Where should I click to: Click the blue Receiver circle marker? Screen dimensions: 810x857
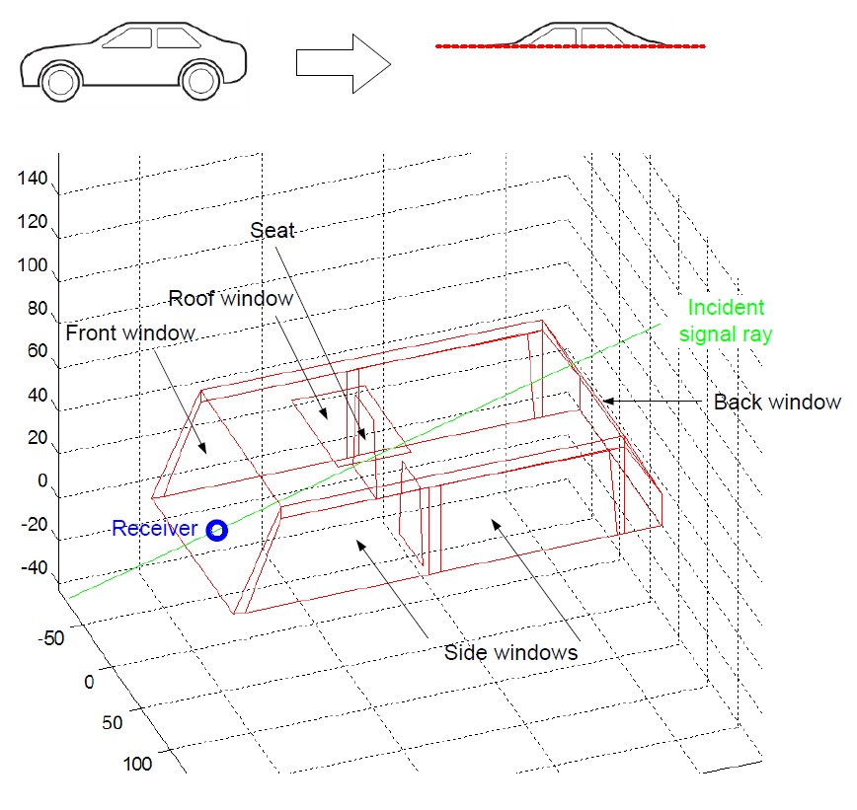(x=217, y=531)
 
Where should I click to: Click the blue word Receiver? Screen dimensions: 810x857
(x=156, y=529)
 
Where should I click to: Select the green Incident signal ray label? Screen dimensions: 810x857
(x=727, y=321)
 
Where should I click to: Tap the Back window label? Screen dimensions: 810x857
(x=776, y=402)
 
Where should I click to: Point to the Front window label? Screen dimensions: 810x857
(x=130, y=332)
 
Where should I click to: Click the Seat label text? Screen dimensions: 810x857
(x=273, y=231)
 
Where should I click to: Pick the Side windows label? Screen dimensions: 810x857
(x=510, y=652)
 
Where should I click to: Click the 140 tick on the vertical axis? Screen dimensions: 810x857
(x=33, y=179)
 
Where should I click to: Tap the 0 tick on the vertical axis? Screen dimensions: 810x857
(x=41, y=480)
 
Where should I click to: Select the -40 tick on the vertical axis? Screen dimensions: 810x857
(x=33, y=568)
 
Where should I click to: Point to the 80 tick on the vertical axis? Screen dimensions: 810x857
(x=37, y=308)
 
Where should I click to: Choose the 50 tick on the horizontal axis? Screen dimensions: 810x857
(x=113, y=721)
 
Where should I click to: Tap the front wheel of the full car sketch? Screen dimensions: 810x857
(x=61, y=81)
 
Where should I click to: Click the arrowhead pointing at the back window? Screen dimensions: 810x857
(x=606, y=401)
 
